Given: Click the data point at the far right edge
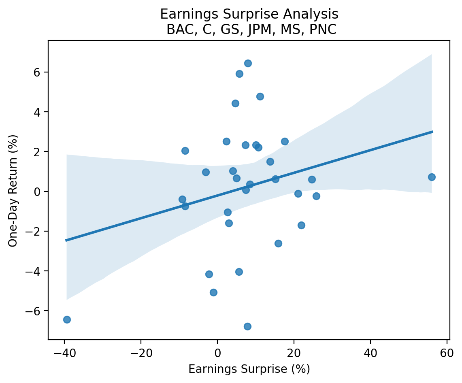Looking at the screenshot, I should tap(432, 177).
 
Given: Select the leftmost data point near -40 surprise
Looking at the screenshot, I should tap(67, 319).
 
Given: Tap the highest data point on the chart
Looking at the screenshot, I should tap(248, 63).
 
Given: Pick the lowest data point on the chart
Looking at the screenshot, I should tap(247, 326).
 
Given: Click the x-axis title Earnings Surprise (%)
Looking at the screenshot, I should tap(249, 369).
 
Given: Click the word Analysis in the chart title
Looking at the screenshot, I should tap(311, 14).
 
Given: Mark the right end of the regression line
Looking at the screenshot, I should tap(432, 132).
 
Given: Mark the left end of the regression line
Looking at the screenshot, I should tap(66, 240).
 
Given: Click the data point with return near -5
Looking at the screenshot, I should tap(213, 292).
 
